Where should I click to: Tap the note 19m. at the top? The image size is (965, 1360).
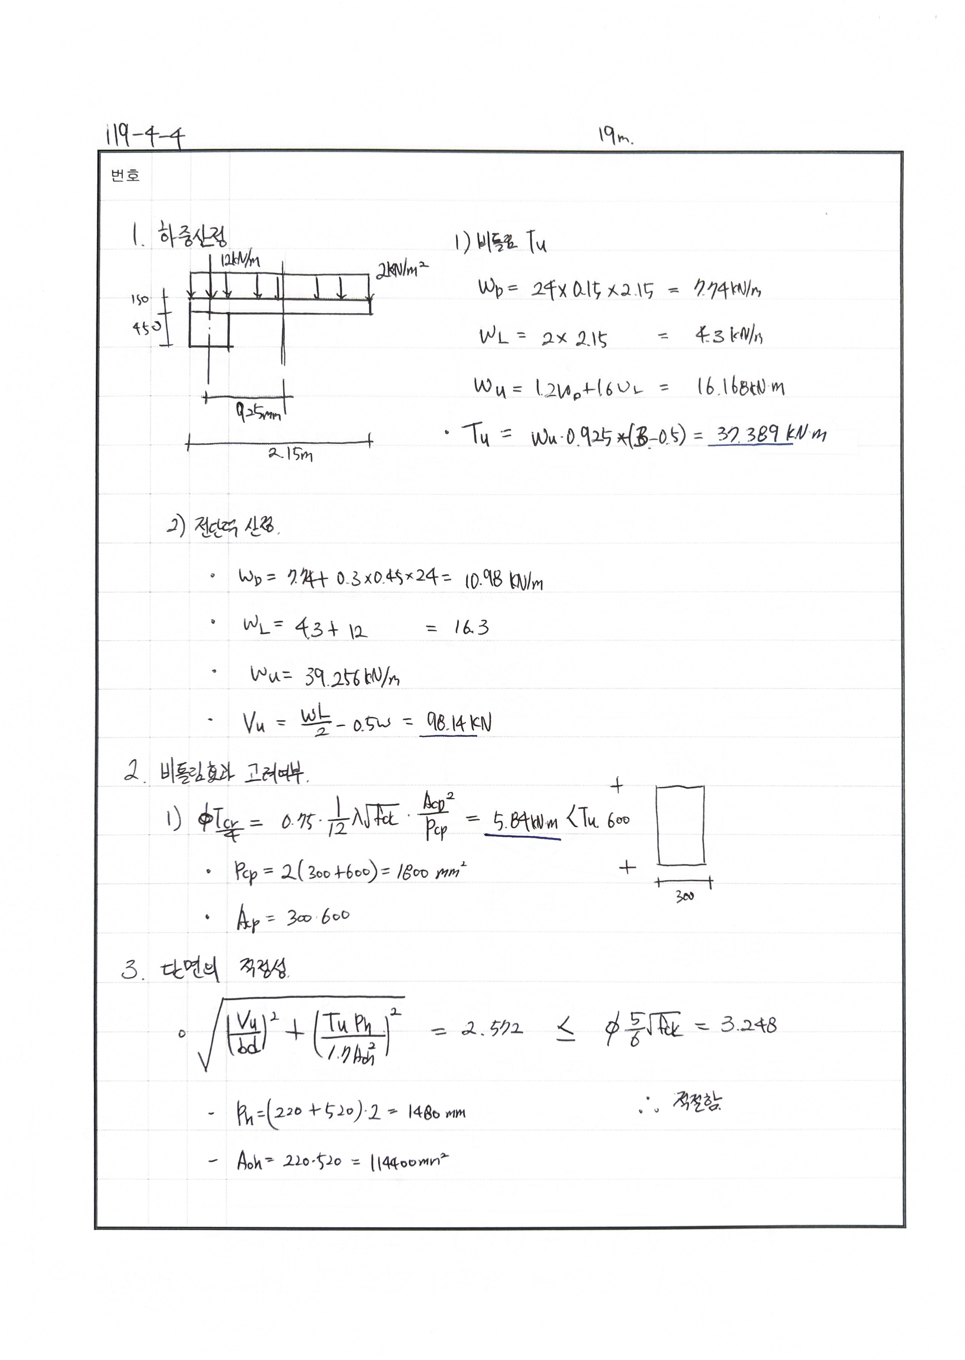615,137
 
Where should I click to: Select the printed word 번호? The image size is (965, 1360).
125,176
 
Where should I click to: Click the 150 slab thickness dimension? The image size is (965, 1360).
140,300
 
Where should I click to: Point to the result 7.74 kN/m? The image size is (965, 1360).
727,289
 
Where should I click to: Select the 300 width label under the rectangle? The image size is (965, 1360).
684,897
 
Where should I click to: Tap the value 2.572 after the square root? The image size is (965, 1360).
493,1029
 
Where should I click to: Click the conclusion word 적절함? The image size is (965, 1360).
696,1102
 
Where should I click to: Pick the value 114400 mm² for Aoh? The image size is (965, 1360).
409,1161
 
